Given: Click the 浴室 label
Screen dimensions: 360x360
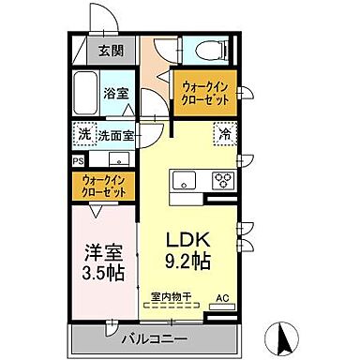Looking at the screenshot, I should (x=115, y=94).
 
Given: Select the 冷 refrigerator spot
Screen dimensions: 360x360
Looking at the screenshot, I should (x=225, y=134).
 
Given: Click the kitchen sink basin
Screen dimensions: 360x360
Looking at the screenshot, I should (x=184, y=181).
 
